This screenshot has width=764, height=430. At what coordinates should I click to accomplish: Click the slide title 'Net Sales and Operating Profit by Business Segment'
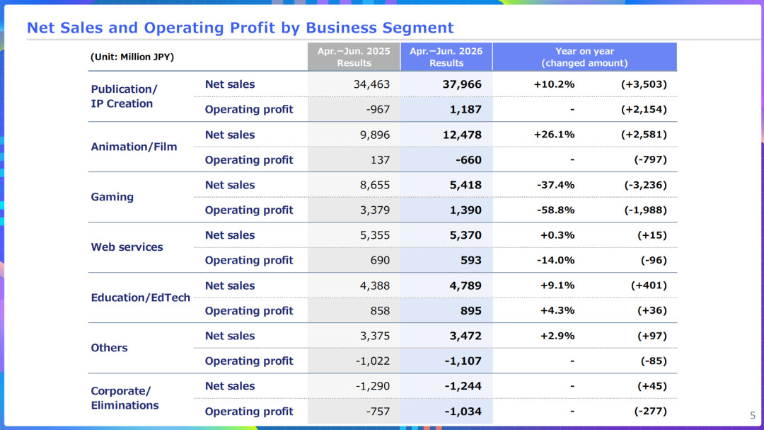[x=241, y=28]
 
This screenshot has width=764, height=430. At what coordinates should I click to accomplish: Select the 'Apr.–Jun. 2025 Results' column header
[x=354, y=57]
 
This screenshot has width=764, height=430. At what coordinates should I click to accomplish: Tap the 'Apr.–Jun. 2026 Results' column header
[x=446, y=57]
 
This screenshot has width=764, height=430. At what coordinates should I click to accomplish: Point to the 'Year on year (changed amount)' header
[x=585, y=57]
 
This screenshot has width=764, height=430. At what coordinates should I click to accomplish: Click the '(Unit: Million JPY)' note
[x=132, y=57]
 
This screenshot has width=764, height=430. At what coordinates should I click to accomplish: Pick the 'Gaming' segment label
[x=112, y=197]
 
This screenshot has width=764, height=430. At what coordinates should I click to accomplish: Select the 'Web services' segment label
[x=127, y=247]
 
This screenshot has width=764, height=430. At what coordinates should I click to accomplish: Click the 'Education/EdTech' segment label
[x=140, y=298]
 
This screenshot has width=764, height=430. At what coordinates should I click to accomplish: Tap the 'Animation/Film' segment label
[x=134, y=147]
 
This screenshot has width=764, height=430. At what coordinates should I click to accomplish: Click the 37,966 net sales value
[x=462, y=84]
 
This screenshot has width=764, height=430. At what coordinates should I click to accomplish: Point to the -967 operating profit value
[x=378, y=109]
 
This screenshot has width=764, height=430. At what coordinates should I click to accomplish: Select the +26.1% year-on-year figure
[x=554, y=134]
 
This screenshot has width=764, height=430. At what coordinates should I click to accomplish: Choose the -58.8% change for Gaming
[x=555, y=210]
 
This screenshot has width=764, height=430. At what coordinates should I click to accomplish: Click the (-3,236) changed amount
[x=645, y=185]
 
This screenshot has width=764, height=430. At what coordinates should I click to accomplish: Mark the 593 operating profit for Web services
[x=471, y=260]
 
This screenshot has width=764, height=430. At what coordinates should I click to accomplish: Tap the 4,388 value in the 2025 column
[x=375, y=285]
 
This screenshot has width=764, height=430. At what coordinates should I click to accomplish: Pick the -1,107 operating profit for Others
[x=463, y=361]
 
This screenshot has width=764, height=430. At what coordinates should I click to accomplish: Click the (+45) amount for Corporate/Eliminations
[x=652, y=386]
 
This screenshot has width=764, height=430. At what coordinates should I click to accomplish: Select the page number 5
[x=753, y=415]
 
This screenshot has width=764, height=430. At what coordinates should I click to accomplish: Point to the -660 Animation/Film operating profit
[x=468, y=159]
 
